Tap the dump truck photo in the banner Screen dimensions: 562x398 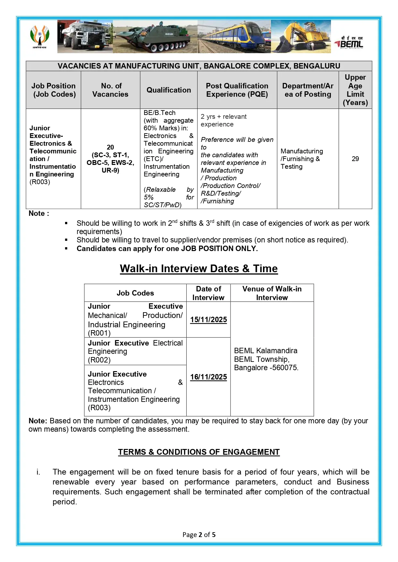pyautogui.click(x=85, y=36)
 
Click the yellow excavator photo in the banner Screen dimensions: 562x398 pyautogui.click(x=301, y=37)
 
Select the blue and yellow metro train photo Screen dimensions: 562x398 pyautogui.click(x=234, y=37)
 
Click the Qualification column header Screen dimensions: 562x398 pyautogui.click(x=169, y=90)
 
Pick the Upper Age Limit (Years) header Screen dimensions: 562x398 pyautogui.click(x=355, y=90)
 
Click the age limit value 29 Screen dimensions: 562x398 pyautogui.click(x=355, y=159)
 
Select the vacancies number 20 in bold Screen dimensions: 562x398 pyautogui.click(x=110, y=147)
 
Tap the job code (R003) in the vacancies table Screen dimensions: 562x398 pyautogui.click(x=40, y=182)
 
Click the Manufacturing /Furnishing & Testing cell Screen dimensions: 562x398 pyautogui.click(x=301, y=159)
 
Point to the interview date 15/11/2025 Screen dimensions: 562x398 pyautogui.click(x=208, y=320)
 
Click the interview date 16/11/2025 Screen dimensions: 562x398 pyautogui.click(x=208, y=377)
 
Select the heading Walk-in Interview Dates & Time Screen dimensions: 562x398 pyautogui.click(x=199, y=268)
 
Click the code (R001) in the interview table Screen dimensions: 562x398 pyautogui.click(x=99, y=333)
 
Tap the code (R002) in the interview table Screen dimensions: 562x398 pyautogui.click(x=99, y=360)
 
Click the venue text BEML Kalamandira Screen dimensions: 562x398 pyautogui.click(x=266, y=351)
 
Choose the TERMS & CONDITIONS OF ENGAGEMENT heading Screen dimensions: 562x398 pyautogui.click(x=199, y=452)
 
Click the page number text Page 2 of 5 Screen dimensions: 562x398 pyautogui.click(x=199, y=534)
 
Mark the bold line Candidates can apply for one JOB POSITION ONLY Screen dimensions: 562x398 pyautogui.click(x=167, y=248)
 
